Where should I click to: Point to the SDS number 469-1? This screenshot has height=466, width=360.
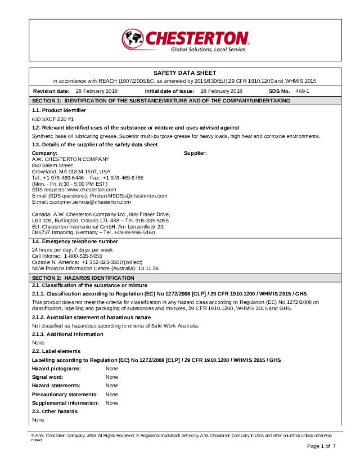click(x=303, y=91)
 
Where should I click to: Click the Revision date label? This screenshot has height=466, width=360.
click(x=51, y=91)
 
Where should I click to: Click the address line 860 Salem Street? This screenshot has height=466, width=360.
click(x=52, y=165)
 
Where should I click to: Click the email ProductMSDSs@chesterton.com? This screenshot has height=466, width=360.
click(x=129, y=195)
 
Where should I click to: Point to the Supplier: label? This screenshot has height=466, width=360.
click(x=196, y=153)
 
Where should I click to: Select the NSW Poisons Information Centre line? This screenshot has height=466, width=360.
click(x=95, y=268)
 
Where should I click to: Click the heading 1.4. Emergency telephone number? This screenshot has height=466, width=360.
click(x=75, y=241)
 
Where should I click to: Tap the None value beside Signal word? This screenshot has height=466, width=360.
click(x=112, y=377)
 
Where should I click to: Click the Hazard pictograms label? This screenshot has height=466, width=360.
click(x=56, y=368)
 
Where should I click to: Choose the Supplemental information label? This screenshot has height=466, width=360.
click(x=65, y=403)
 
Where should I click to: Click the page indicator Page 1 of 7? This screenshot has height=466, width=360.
click(x=321, y=446)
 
